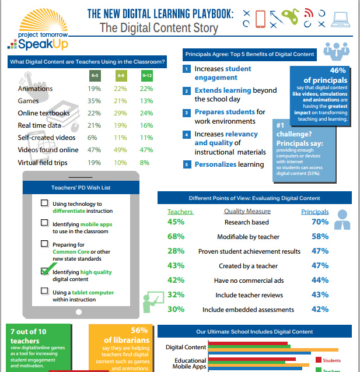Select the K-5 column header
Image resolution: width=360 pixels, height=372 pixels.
93,75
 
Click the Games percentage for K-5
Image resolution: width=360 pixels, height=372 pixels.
93,100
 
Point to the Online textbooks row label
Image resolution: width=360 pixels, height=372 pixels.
44,113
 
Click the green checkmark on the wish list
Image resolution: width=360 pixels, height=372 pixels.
46,270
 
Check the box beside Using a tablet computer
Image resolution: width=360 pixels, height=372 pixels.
44,290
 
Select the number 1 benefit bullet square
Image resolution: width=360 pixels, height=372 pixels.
187,69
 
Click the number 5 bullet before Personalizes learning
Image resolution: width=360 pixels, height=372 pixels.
187,164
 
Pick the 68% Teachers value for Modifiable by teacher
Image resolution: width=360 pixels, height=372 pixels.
176,236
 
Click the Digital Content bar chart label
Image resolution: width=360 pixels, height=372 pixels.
186,348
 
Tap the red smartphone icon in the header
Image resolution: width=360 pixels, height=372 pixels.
261,19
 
